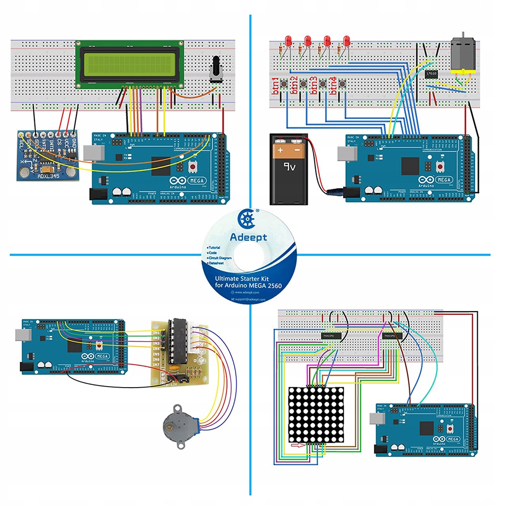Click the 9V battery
289,169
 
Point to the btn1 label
276,86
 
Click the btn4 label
333,86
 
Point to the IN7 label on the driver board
156,364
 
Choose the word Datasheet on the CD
222,263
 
